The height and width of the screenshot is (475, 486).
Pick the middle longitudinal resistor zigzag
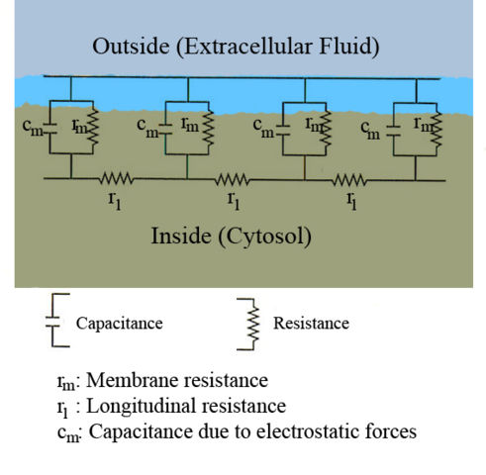[234, 180]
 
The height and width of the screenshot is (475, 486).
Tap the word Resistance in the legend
[311, 323]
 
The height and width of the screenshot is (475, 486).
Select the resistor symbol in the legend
[252, 323]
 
